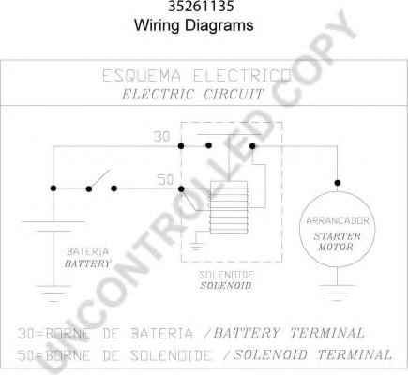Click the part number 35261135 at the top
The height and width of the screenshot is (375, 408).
(x=201, y=7)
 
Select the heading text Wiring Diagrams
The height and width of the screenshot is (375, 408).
(x=194, y=25)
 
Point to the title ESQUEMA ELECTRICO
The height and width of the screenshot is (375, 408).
(x=197, y=76)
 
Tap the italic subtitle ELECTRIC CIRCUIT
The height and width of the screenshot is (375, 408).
(x=193, y=94)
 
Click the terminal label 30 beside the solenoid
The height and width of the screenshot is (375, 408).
(x=161, y=137)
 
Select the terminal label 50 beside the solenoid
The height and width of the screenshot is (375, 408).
(x=165, y=180)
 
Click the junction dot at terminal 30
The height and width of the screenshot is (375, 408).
(x=181, y=146)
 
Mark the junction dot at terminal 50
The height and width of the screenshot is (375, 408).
(x=181, y=188)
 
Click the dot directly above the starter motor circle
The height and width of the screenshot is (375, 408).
(x=337, y=183)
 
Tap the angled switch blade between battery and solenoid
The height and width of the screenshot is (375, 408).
(x=99, y=179)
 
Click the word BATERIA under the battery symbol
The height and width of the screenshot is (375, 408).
(x=88, y=251)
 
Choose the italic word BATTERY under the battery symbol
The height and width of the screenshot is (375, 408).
(x=87, y=263)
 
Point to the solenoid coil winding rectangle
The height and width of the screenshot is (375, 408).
(x=229, y=207)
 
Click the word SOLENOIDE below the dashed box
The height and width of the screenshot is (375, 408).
(x=227, y=275)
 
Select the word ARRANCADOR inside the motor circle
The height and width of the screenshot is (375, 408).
(x=338, y=221)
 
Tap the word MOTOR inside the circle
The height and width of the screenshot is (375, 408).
(x=336, y=247)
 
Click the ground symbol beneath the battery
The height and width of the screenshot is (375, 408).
(x=53, y=294)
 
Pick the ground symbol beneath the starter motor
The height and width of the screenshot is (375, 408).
(x=337, y=292)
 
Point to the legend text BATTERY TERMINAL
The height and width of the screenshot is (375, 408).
(x=289, y=333)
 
